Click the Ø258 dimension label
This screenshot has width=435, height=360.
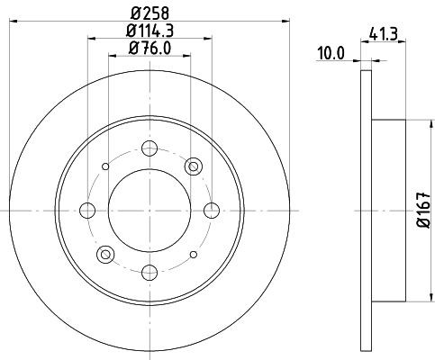click(150, 13)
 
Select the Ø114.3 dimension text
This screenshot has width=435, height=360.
click(150, 31)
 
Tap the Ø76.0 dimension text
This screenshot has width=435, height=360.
click(150, 48)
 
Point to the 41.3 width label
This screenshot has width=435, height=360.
click(384, 34)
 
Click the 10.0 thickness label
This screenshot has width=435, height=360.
click(331, 54)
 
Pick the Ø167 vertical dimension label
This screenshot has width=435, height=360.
click(424, 211)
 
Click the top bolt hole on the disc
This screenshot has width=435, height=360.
click(150, 148)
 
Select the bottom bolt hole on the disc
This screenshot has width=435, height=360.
click(150, 273)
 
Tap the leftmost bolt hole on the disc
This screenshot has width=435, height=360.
click(87, 211)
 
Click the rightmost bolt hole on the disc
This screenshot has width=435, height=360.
click(212, 211)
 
